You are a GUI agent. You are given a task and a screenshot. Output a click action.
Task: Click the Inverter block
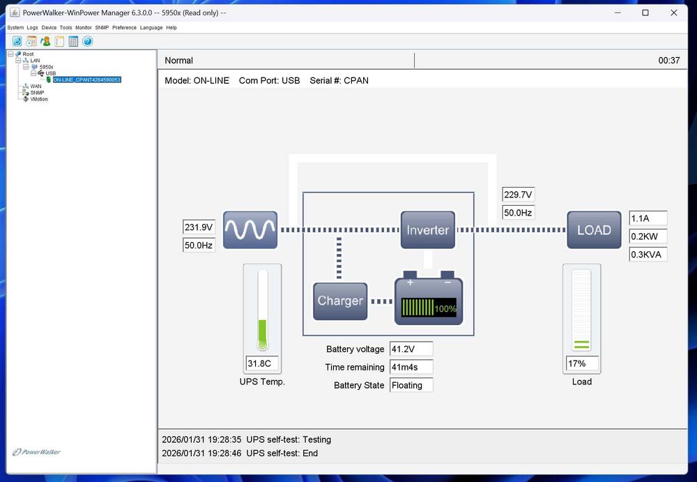coord(428,230)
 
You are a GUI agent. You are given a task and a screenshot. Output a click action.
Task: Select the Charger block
coord(340,301)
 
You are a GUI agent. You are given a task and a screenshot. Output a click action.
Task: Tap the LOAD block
coord(594,230)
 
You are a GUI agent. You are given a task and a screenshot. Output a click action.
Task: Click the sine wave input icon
coord(250,229)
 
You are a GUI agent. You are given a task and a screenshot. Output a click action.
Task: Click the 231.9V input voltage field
coord(199,227)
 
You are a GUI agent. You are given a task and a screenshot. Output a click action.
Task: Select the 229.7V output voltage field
coord(519,195)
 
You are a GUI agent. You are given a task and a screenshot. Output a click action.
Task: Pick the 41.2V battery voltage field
coord(411,349)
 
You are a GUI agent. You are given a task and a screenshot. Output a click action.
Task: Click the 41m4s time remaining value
coord(411,367)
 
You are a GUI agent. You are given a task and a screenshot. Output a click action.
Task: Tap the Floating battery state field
coord(411,385)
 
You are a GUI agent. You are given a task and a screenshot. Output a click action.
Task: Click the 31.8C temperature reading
coord(263,363)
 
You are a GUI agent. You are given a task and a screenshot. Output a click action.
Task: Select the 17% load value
coord(582,363)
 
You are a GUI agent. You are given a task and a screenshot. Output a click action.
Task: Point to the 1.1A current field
coord(648,218)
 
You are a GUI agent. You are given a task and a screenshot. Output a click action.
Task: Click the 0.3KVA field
coord(648,255)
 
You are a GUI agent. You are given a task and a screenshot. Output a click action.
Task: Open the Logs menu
coord(32,28)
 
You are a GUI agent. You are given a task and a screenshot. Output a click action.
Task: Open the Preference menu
coord(125,28)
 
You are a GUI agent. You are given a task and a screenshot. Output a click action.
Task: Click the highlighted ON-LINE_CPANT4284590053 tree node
coord(87,80)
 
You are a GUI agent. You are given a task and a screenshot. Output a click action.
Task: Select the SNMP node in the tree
coord(37,93)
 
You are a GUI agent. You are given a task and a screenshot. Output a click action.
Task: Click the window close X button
coord(674,13)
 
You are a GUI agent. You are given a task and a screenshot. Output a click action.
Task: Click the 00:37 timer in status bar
coord(669,61)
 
